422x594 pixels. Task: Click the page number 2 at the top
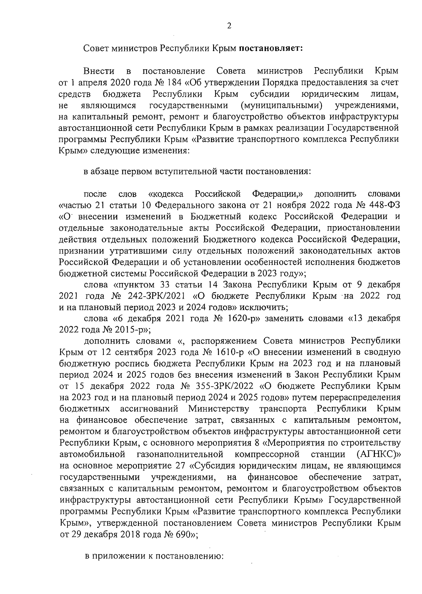(229, 26)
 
